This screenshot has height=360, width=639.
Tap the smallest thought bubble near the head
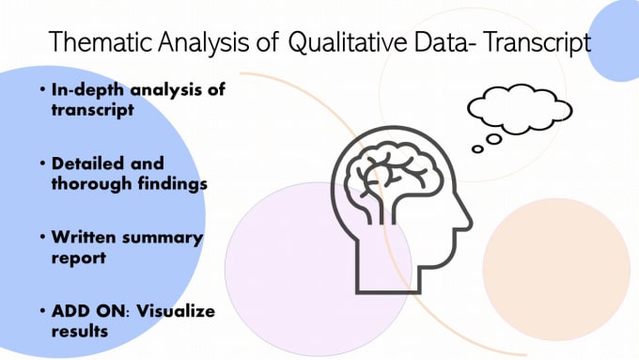477,149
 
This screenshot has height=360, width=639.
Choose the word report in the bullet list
77,257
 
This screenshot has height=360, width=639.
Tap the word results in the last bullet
79,331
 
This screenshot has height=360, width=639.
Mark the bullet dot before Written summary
43,238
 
